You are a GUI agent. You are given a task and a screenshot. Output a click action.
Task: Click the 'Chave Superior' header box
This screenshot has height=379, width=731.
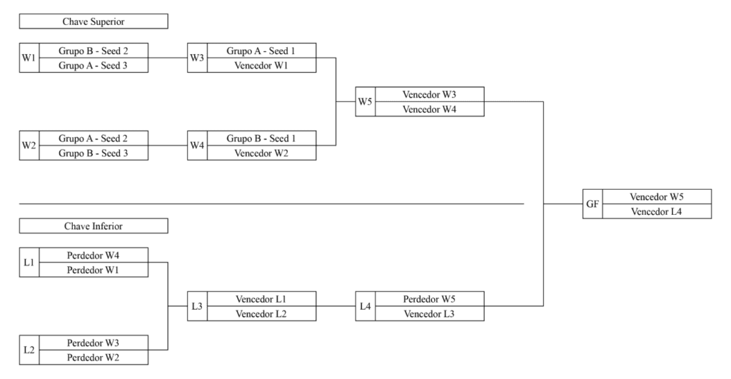pyautogui.click(x=94, y=21)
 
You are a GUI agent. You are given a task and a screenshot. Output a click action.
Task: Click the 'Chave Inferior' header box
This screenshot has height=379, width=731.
pyautogui.click(x=94, y=226)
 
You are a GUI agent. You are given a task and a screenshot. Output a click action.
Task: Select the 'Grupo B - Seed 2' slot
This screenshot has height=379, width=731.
pyautogui.click(x=94, y=51)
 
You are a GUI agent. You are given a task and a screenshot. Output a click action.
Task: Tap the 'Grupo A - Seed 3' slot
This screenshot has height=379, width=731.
pyautogui.click(x=94, y=66)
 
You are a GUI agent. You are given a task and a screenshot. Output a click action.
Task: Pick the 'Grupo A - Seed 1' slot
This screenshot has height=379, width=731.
pyautogui.click(x=261, y=51)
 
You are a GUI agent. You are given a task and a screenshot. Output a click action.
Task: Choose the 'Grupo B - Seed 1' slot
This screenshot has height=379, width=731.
pyautogui.click(x=261, y=138)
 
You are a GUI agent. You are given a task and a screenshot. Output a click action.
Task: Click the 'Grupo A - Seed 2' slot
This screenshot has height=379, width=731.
pyautogui.click(x=94, y=138)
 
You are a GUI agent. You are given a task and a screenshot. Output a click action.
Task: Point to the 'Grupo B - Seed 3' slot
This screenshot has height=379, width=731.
pyautogui.click(x=94, y=153)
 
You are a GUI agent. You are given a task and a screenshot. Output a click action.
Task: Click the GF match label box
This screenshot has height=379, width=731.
pyautogui.click(x=593, y=204)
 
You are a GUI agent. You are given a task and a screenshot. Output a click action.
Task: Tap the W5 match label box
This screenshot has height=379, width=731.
pyautogui.click(x=365, y=101)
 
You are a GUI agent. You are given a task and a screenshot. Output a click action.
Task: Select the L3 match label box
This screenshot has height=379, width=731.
pyautogui.click(x=197, y=306)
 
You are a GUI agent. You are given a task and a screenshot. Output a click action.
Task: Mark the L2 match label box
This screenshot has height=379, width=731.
pyautogui.click(x=29, y=350)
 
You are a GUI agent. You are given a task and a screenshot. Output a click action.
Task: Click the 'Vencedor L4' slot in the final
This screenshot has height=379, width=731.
pyautogui.click(x=657, y=211)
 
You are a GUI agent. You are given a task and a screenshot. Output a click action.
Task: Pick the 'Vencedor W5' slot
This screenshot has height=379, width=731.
pyautogui.click(x=657, y=197)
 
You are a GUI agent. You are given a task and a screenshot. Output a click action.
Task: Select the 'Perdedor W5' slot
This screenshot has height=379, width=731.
pyautogui.click(x=430, y=299)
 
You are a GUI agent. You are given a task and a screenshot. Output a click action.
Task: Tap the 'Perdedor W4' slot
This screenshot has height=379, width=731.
pyautogui.click(x=94, y=255)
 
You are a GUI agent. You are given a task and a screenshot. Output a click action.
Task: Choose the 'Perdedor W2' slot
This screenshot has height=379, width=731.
pyautogui.click(x=94, y=358)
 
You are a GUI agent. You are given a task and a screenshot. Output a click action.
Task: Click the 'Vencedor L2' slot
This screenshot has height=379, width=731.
pyautogui.click(x=261, y=314)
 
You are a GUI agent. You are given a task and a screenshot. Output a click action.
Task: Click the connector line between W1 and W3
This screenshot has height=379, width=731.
pyautogui.click(x=168, y=58)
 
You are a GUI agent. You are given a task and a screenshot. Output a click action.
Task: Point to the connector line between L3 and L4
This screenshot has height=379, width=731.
pyautogui.click(x=336, y=306)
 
